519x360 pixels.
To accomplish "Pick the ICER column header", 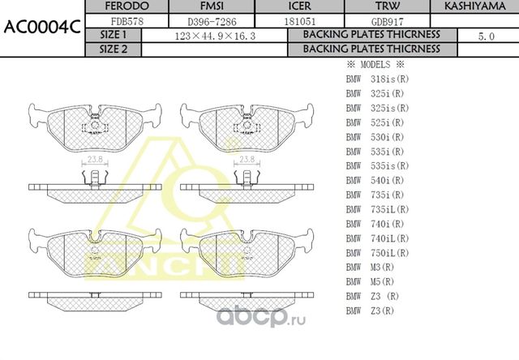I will point(294,6).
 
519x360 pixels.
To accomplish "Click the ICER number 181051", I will point(294,21).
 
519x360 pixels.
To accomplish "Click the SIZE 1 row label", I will point(113,36).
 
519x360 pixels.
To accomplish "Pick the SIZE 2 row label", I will point(113,49).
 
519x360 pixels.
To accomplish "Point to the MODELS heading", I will point(375,64).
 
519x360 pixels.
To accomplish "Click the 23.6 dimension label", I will point(95,160).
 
